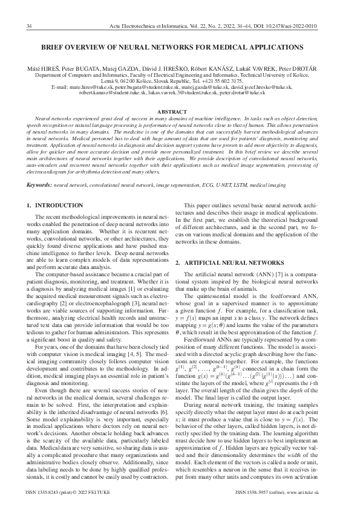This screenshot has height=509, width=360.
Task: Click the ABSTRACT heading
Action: click(180, 112)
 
